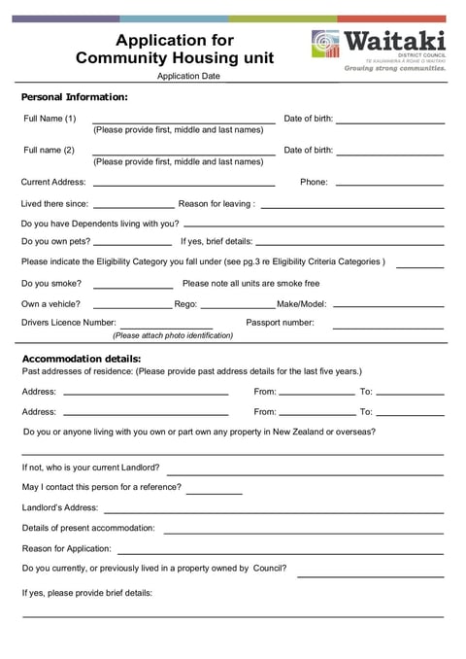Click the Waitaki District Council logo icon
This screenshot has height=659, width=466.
[x=326, y=45]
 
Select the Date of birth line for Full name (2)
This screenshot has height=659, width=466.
[x=389, y=155]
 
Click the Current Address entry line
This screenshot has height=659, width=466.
[x=183, y=185]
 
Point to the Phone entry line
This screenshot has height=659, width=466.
[x=388, y=185]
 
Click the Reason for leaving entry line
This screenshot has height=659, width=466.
[x=351, y=207]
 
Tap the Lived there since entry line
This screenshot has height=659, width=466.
[x=133, y=207]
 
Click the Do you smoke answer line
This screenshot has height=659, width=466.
[x=133, y=287]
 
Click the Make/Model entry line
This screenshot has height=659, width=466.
[x=387, y=307]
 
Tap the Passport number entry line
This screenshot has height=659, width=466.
[x=387, y=328]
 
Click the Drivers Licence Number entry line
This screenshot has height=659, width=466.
[x=166, y=328]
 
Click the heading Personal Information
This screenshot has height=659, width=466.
[x=75, y=97]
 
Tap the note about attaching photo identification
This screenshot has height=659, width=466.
[x=173, y=336]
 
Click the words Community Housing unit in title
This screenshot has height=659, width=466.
[x=175, y=58]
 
